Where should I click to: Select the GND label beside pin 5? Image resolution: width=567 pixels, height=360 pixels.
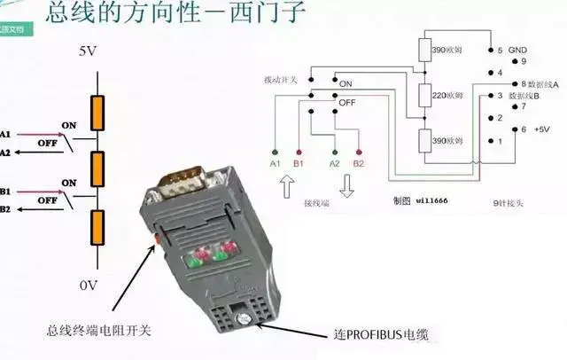point(520,51)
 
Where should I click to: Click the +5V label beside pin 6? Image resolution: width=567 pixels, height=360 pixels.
point(542,129)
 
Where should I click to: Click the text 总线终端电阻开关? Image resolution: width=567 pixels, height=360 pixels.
point(99,331)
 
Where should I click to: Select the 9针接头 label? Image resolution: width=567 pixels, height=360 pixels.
point(510,202)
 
